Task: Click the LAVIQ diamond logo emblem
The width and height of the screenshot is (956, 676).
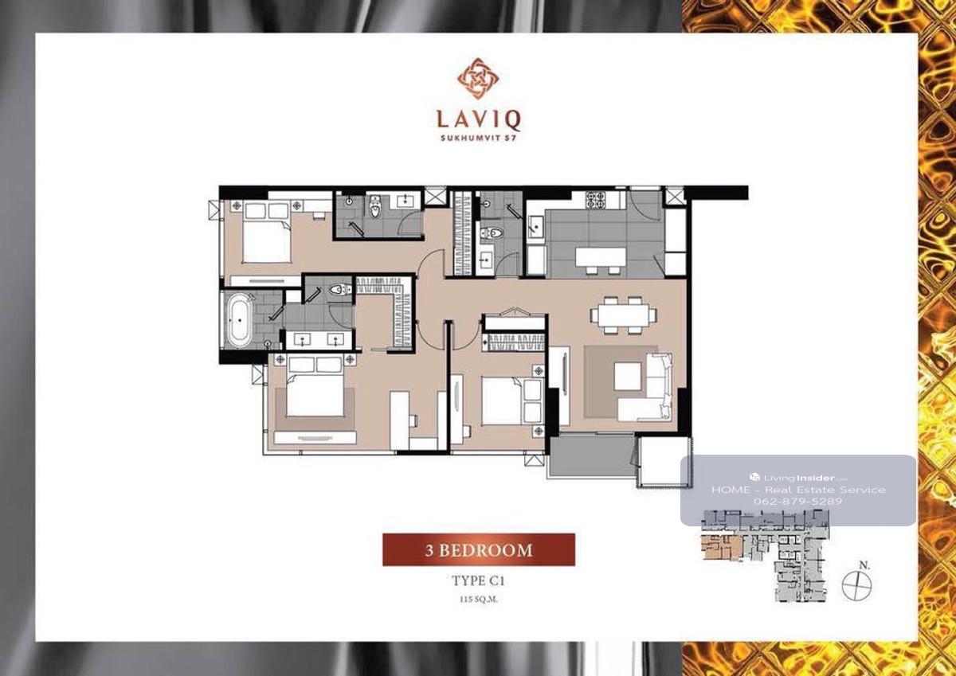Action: pyautogui.click(x=478, y=80)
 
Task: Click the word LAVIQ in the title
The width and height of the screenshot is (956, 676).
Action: pyautogui.click(x=478, y=120)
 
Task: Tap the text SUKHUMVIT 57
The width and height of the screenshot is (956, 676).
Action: pyautogui.click(x=478, y=139)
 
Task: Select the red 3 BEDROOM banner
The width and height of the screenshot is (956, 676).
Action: pyautogui.click(x=479, y=549)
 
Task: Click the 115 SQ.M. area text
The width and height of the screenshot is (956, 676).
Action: pyautogui.click(x=479, y=600)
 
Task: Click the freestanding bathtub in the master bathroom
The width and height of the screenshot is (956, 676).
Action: pyautogui.click(x=239, y=320)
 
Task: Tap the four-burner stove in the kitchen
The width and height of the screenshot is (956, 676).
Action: pyautogui.click(x=596, y=200)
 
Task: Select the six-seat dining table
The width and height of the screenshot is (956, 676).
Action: pyautogui.click(x=624, y=315)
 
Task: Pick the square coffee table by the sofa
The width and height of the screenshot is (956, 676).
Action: pyautogui.click(x=628, y=376)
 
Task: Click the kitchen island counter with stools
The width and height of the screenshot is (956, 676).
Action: pyautogui.click(x=601, y=260)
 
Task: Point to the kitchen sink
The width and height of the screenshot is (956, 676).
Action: pyautogui.click(x=535, y=226)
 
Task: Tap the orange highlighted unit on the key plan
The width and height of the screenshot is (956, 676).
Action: pyautogui.click(x=722, y=548)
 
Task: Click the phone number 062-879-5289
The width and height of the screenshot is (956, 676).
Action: pyautogui.click(x=797, y=501)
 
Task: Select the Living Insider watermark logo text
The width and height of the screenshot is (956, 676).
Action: pyautogui.click(x=797, y=478)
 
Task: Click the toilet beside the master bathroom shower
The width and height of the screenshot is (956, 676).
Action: pyautogui.click(x=339, y=290)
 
